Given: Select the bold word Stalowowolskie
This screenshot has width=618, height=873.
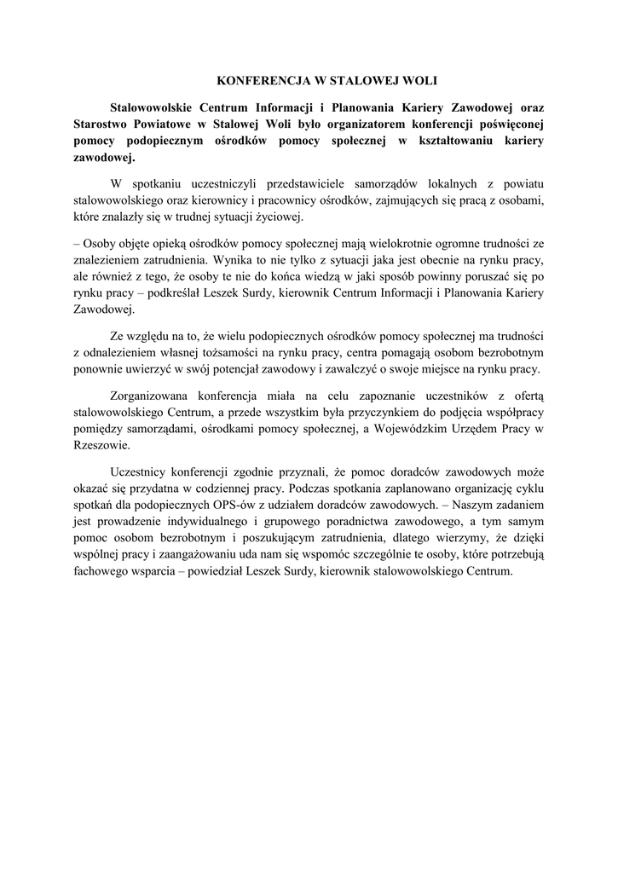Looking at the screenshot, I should [159, 108].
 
